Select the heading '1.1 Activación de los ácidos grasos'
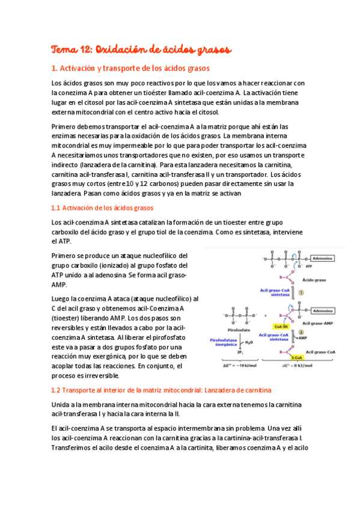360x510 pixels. (103, 208)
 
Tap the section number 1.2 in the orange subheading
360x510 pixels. (58, 390)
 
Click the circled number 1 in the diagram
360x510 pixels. (302, 293)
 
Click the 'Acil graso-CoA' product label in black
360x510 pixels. (320, 351)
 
